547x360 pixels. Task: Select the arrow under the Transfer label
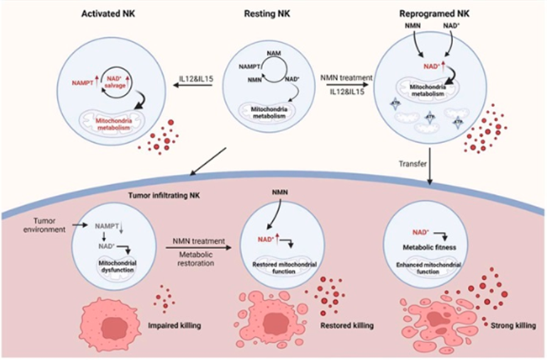point(431,171)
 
